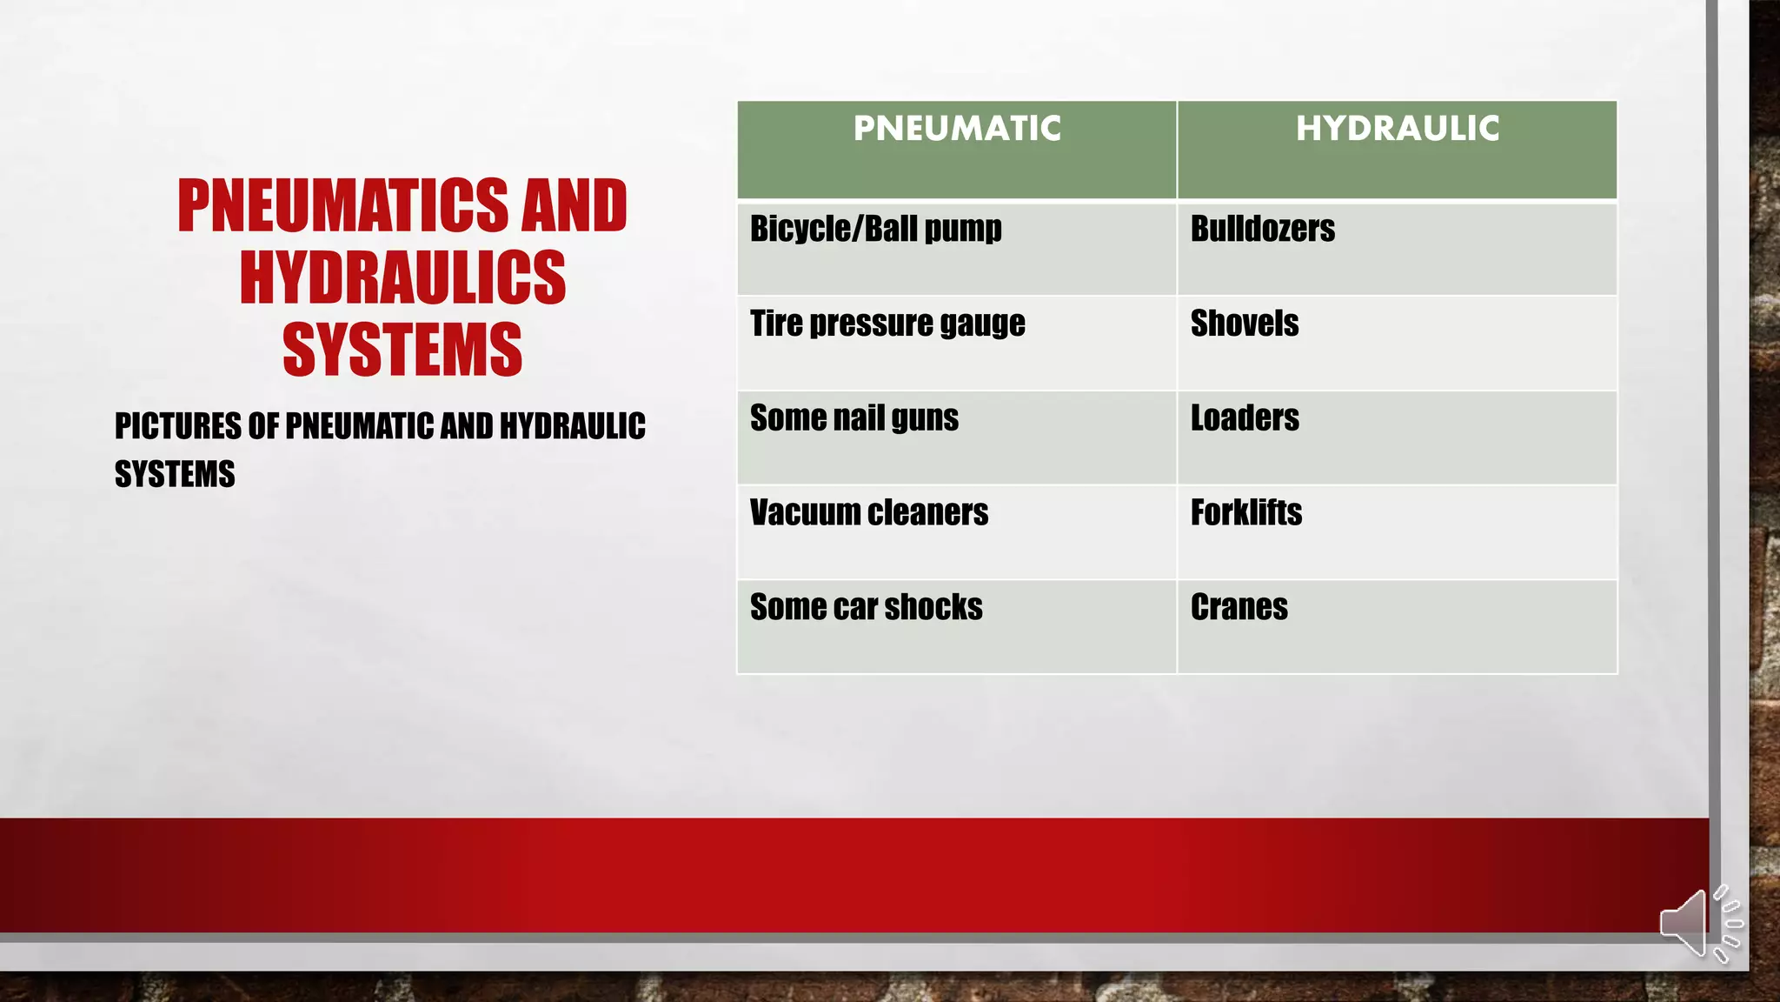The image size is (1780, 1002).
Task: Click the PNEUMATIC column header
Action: coord(957,129)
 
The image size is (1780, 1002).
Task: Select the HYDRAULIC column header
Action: coord(1398,129)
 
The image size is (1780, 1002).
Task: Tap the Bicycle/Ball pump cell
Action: coord(876,230)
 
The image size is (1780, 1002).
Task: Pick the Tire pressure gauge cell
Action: coord(887,324)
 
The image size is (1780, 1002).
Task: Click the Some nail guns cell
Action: coord(854,418)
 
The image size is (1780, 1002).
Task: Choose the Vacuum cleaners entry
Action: coord(869,513)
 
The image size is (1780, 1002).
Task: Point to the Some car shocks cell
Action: coord(867,607)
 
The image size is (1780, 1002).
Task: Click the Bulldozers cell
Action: coord(1263,230)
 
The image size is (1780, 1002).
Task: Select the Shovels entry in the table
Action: coord(1245,324)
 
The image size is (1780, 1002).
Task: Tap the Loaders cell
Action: coord(1245,418)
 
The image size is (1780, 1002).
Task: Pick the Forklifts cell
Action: coord(1246,513)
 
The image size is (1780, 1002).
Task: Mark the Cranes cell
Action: coord(1239,607)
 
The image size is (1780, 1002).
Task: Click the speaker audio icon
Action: coord(1698,925)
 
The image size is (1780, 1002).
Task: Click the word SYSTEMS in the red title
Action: coord(402,350)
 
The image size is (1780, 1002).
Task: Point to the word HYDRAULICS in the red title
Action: coord(402,277)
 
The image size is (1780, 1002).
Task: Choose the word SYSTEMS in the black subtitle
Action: coord(175,475)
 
